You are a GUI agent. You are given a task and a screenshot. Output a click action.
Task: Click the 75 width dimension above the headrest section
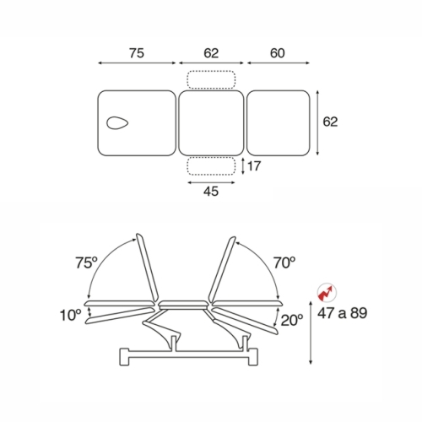click(x=137, y=53)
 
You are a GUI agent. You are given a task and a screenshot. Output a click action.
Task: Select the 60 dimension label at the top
click(x=278, y=53)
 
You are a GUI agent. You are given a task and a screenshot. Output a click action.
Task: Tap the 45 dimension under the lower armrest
click(x=211, y=192)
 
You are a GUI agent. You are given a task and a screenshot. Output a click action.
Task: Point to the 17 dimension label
click(x=254, y=166)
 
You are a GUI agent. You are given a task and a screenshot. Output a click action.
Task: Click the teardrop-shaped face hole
click(x=117, y=123)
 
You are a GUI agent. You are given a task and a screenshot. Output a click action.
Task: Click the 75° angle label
click(x=86, y=263)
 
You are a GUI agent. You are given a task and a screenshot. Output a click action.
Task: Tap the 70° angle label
click(x=284, y=263)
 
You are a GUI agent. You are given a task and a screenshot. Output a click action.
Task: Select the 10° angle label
click(x=70, y=315)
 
